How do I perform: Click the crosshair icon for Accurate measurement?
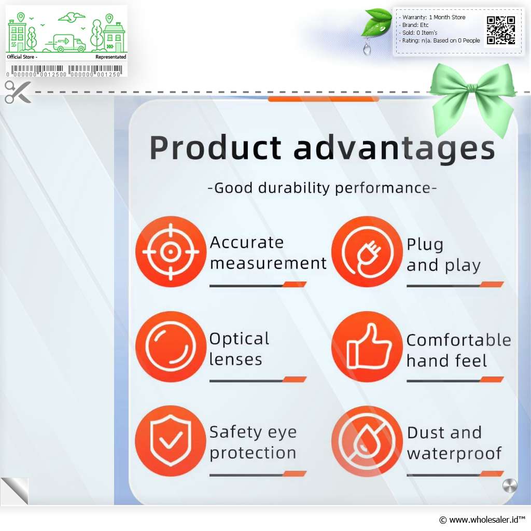click(x=171, y=251)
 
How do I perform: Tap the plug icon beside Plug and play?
click(x=367, y=251)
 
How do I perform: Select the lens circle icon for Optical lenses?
click(x=171, y=346)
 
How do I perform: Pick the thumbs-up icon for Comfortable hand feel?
click(x=367, y=346)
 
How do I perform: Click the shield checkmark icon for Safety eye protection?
click(x=171, y=441)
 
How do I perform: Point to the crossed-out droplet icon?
click(x=367, y=441)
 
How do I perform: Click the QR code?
click(x=501, y=30)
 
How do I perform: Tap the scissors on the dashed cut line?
click(x=18, y=92)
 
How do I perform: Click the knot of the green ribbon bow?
click(x=472, y=89)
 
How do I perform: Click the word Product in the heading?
click(x=215, y=148)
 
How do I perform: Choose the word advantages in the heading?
click(x=395, y=149)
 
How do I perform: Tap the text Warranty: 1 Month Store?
click(x=434, y=17)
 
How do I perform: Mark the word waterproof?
click(x=454, y=454)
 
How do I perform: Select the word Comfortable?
click(x=459, y=340)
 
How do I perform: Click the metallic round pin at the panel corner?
click(x=510, y=486)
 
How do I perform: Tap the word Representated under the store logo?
click(x=111, y=57)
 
